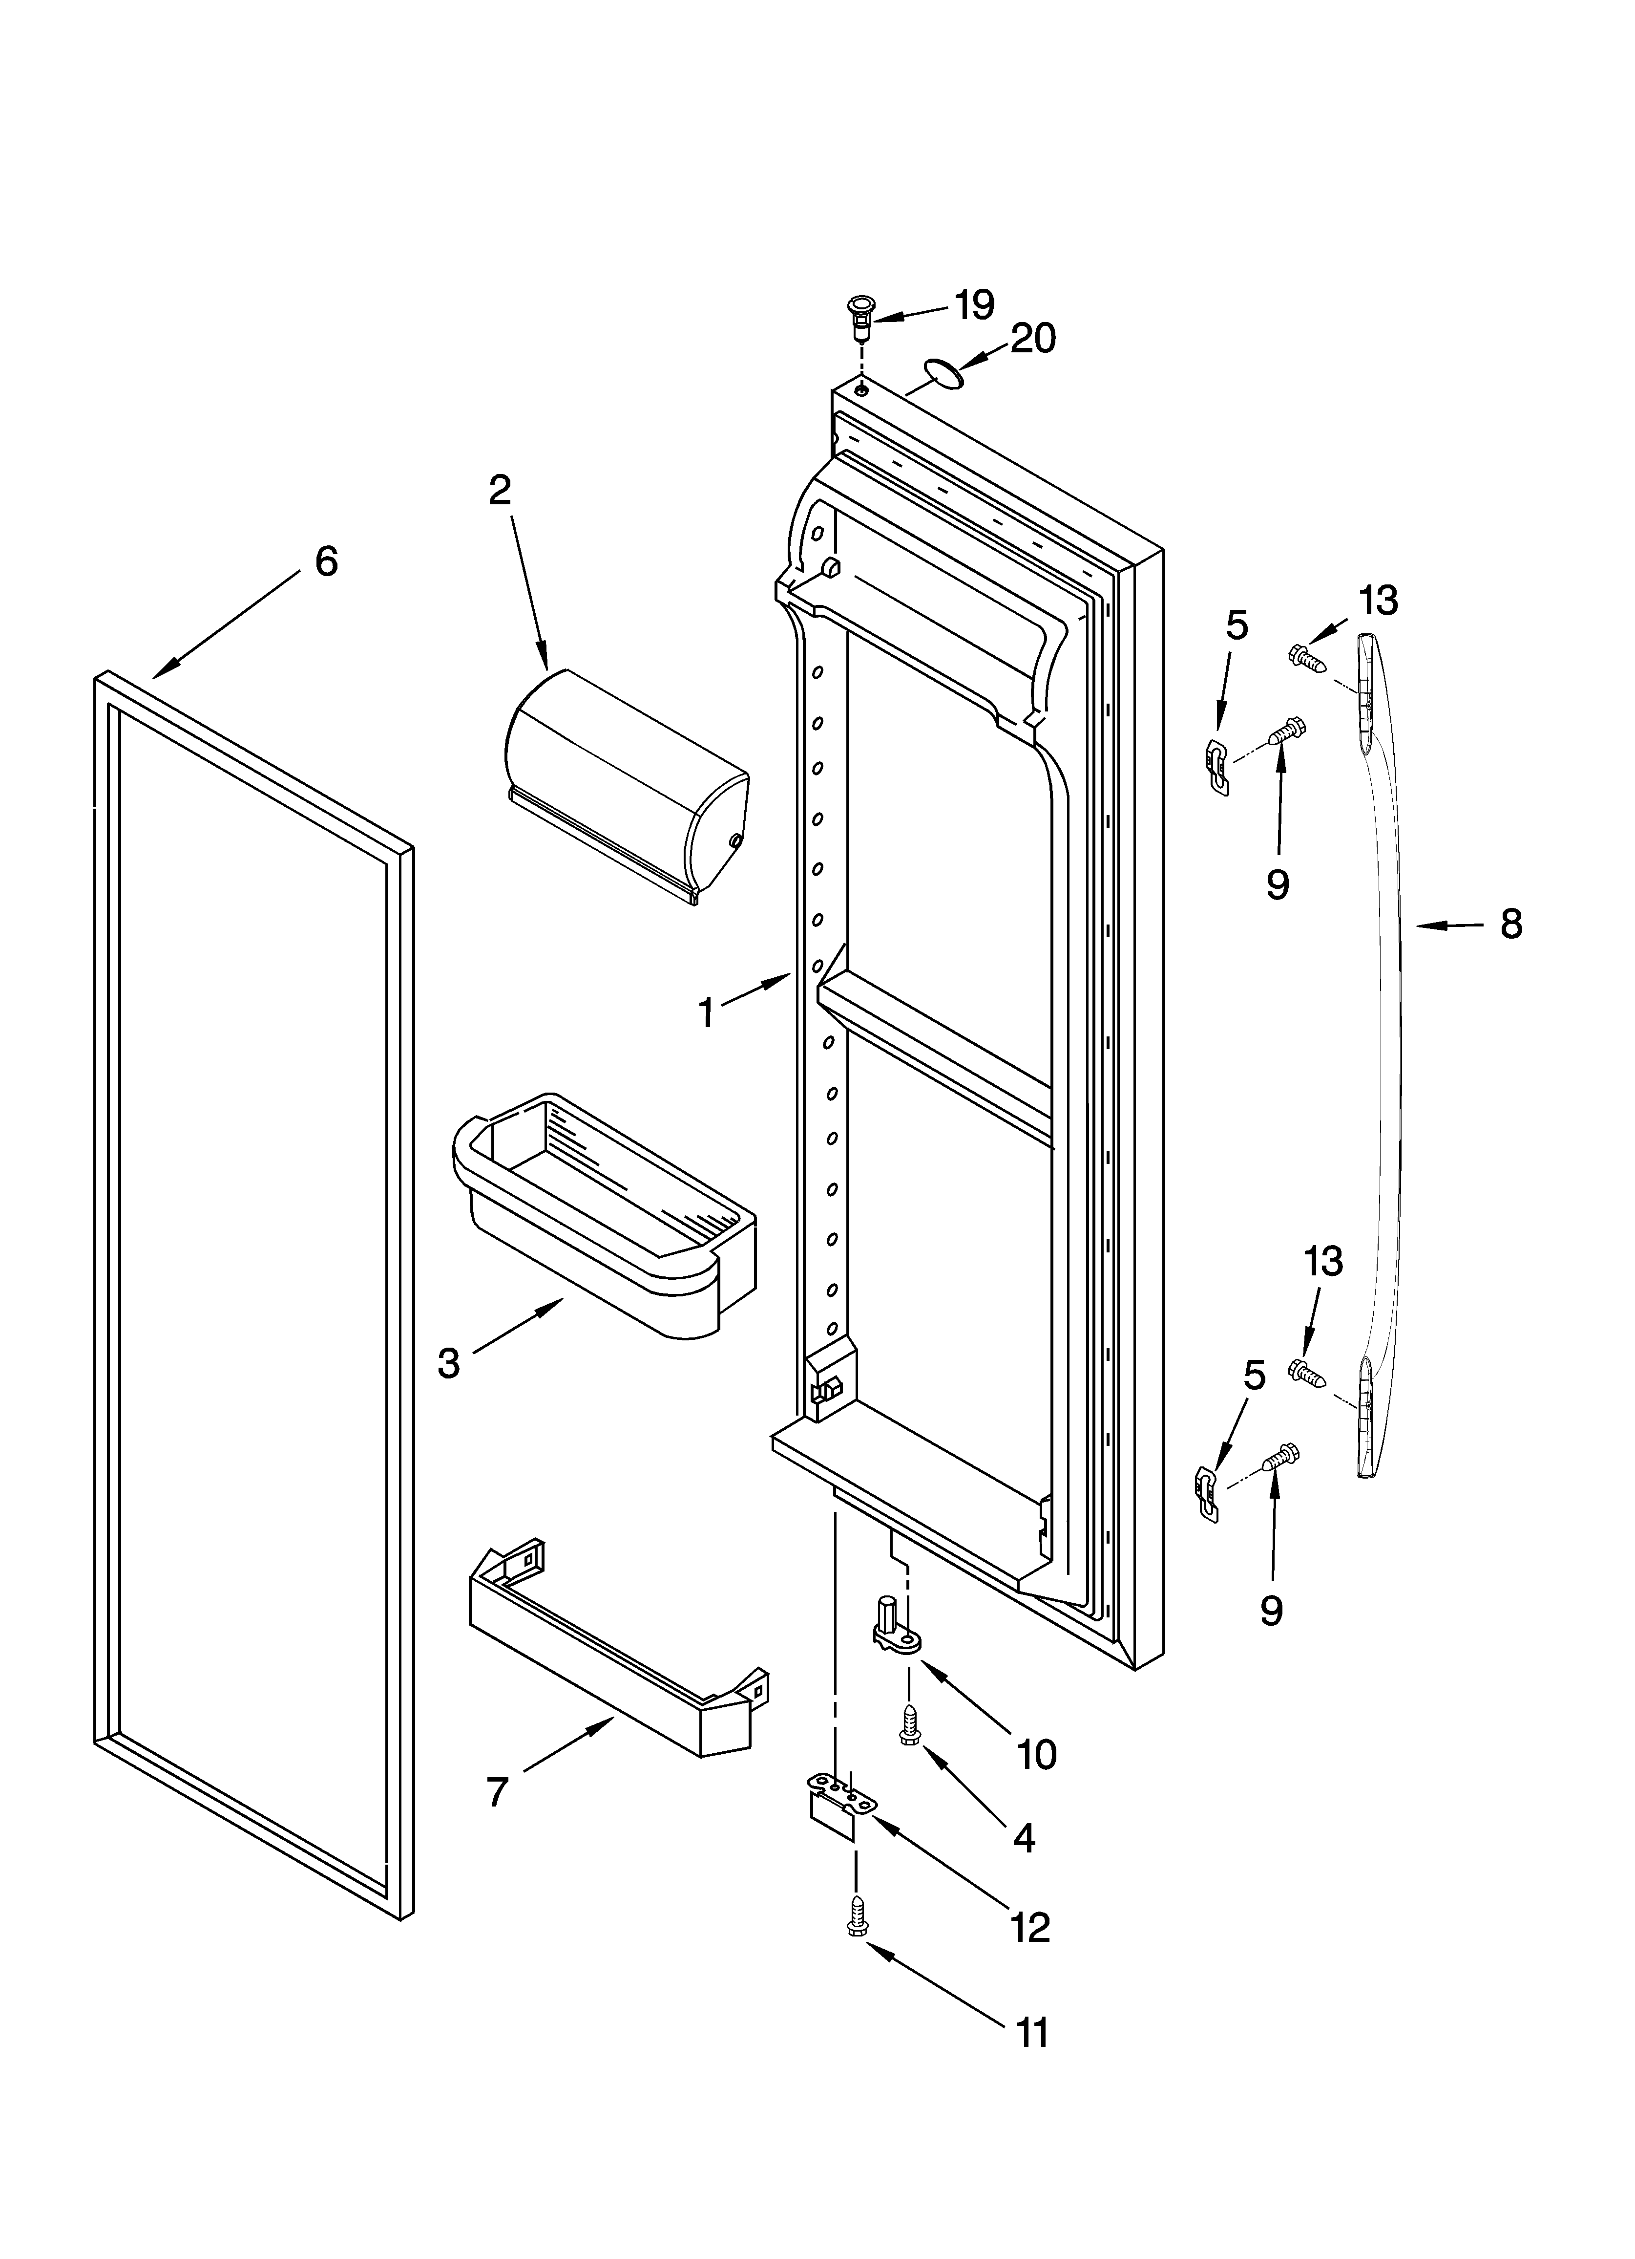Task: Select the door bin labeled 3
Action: click(x=603, y=1216)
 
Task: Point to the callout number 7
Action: click(x=498, y=1792)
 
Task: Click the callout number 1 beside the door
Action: click(x=706, y=1014)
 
